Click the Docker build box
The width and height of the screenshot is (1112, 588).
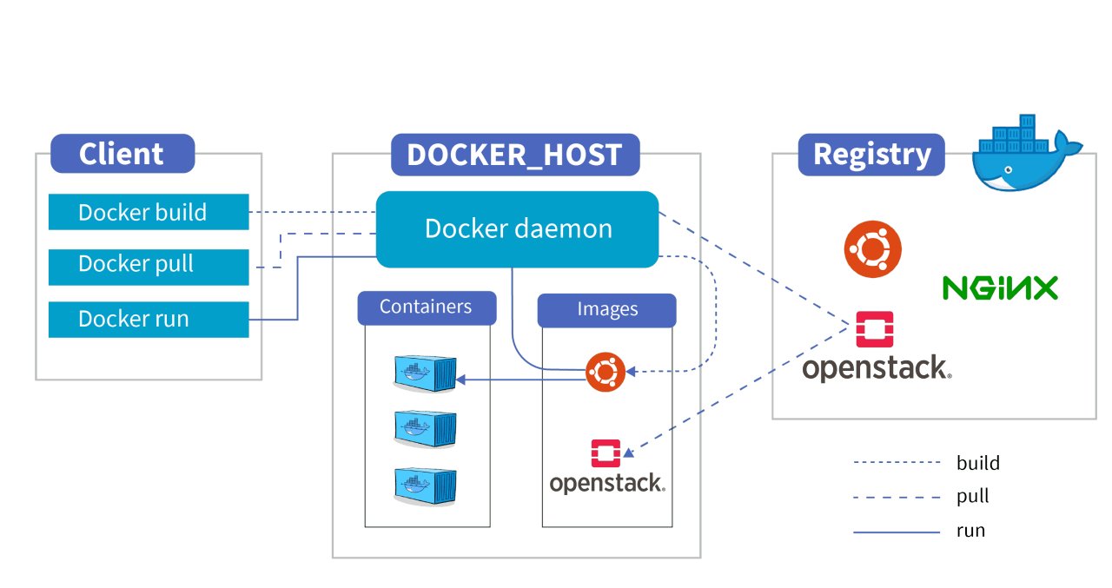(149, 212)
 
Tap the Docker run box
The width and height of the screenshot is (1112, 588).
(149, 319)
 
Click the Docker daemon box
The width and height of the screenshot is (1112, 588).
(518, 229)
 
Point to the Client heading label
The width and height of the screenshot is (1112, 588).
(122, 154)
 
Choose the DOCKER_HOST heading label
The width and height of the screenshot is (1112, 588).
(514, 155)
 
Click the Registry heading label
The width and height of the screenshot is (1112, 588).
(871, 155)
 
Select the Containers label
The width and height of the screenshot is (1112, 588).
(426, 307)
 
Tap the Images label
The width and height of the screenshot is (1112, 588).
(607, 310)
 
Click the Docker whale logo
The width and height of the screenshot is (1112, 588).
(1025, 154)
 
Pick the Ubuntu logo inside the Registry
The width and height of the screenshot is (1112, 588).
(872, 249)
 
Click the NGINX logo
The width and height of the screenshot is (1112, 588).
(1000, 287)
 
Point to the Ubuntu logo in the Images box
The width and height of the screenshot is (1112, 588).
(606, 372)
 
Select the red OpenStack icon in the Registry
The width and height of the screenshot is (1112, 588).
(874, 329)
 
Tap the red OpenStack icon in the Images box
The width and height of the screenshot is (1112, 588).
(606, 454)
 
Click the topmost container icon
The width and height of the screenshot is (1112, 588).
(425, 373)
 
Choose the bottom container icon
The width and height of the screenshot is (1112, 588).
(425, 485)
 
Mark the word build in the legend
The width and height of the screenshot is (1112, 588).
(977, 463)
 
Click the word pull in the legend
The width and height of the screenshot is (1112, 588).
(973, 497)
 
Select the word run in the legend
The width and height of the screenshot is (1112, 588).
(970, 531)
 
